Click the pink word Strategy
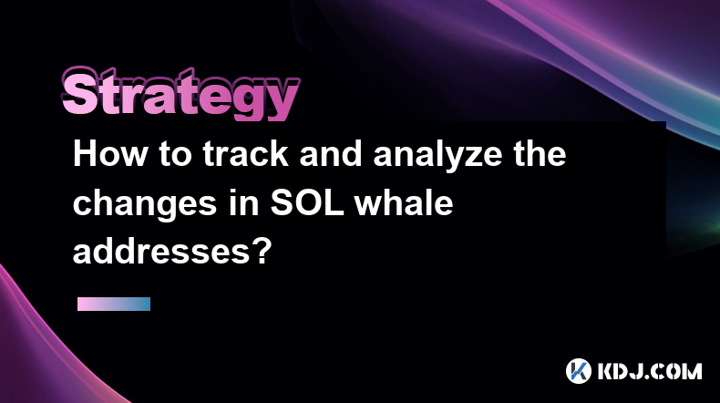(x=181, y=94)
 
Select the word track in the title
(x=246, y=154)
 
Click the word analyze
(x=437, y=156)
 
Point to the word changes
(x=145, y=205)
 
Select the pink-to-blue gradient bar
(x=114, y=304)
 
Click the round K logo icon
(x=579, y=371)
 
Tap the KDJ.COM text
(x=650, y=371)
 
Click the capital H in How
(x=85, y=154)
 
